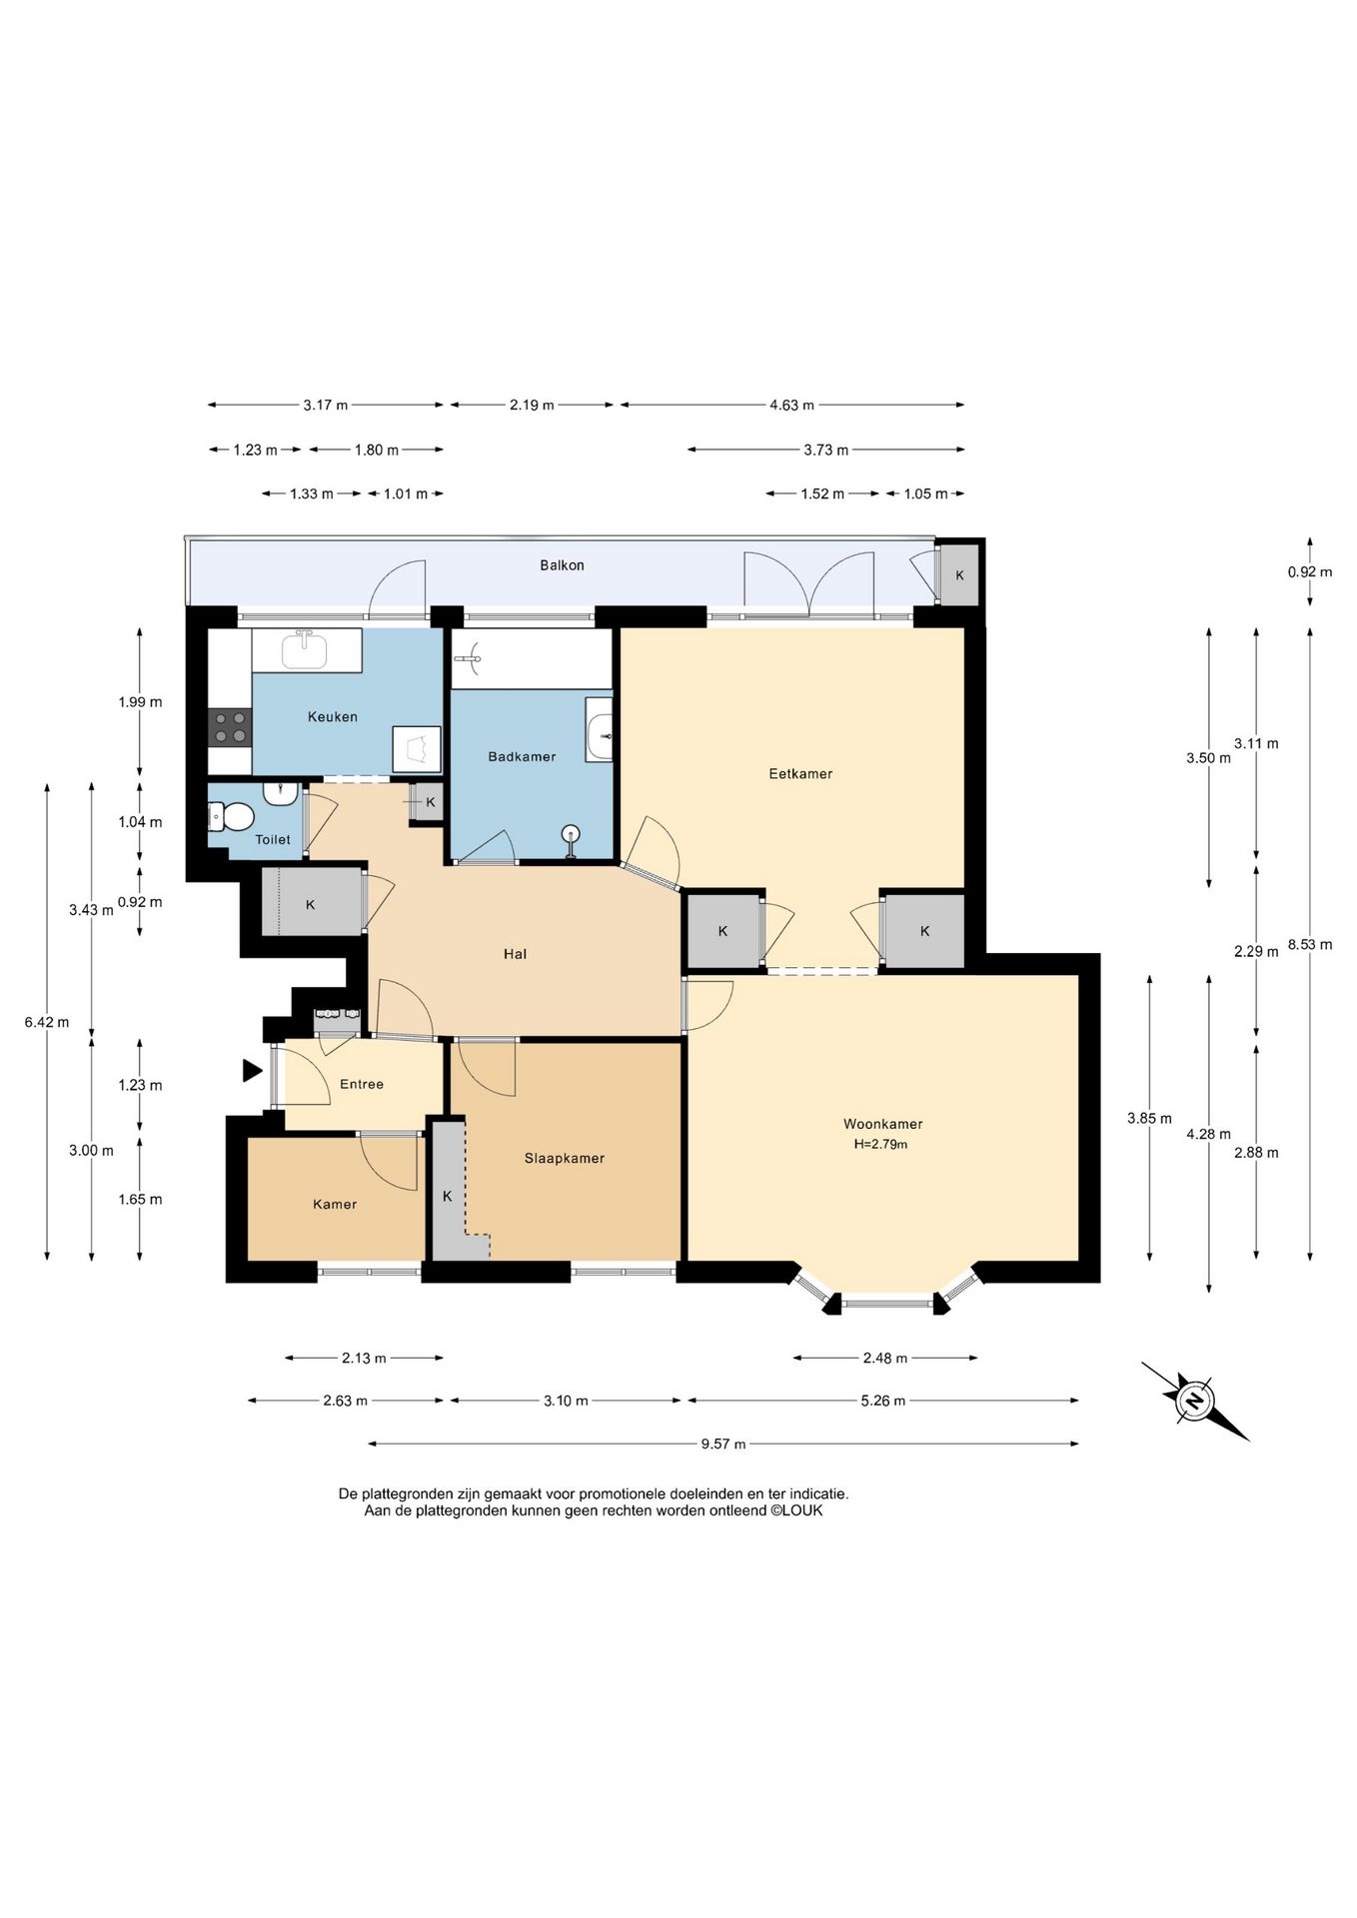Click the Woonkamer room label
(x=882, y=1124)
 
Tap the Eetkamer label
(x=800, y=773)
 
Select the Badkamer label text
(x=522, y=756)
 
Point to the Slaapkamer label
(x=565, y=1158)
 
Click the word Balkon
(x=562, y=565)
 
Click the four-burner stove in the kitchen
(x=230, y=726)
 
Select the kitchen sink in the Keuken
(x=305, y=650)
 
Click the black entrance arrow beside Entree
(x=252, y=1071)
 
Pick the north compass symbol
(x=1195, y=1401)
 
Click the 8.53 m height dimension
(x=1310, y=944)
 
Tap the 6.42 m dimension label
(x=47, y=1022)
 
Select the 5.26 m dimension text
(x=883, y=1401)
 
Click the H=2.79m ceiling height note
(x=880, y=1145)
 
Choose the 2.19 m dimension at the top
(x=532, y=405)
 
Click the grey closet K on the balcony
(x=959, y=574)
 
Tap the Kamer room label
(x=335, y=1204)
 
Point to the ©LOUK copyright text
(x=796, y=1510)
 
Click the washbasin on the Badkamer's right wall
(x=600, y=730)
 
